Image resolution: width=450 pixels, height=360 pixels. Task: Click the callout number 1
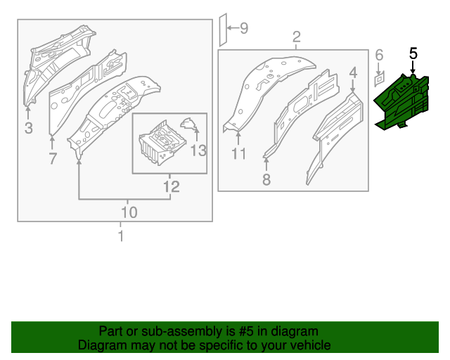click(x=120, y=236)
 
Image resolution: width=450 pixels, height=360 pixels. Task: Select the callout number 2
click(x=297, y=37)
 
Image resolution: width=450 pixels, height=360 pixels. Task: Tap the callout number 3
click(x=28, y=127)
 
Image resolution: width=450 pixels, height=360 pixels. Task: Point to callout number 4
click(x=353, y=72)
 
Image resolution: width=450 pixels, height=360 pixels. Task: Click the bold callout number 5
click(x=413, y=53)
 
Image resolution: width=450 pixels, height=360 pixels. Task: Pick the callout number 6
click(x=378, y=55)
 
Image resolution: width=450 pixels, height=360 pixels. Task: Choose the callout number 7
click(x=53, y=159)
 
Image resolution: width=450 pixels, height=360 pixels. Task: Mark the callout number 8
click(x=266, y=179)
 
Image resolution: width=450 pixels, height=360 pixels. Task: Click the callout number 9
click(x=244, y=28)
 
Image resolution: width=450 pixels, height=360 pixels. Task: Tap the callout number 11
click(x=238, y=153)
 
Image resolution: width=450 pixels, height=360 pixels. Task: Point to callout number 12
click(x=172, y=186)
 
